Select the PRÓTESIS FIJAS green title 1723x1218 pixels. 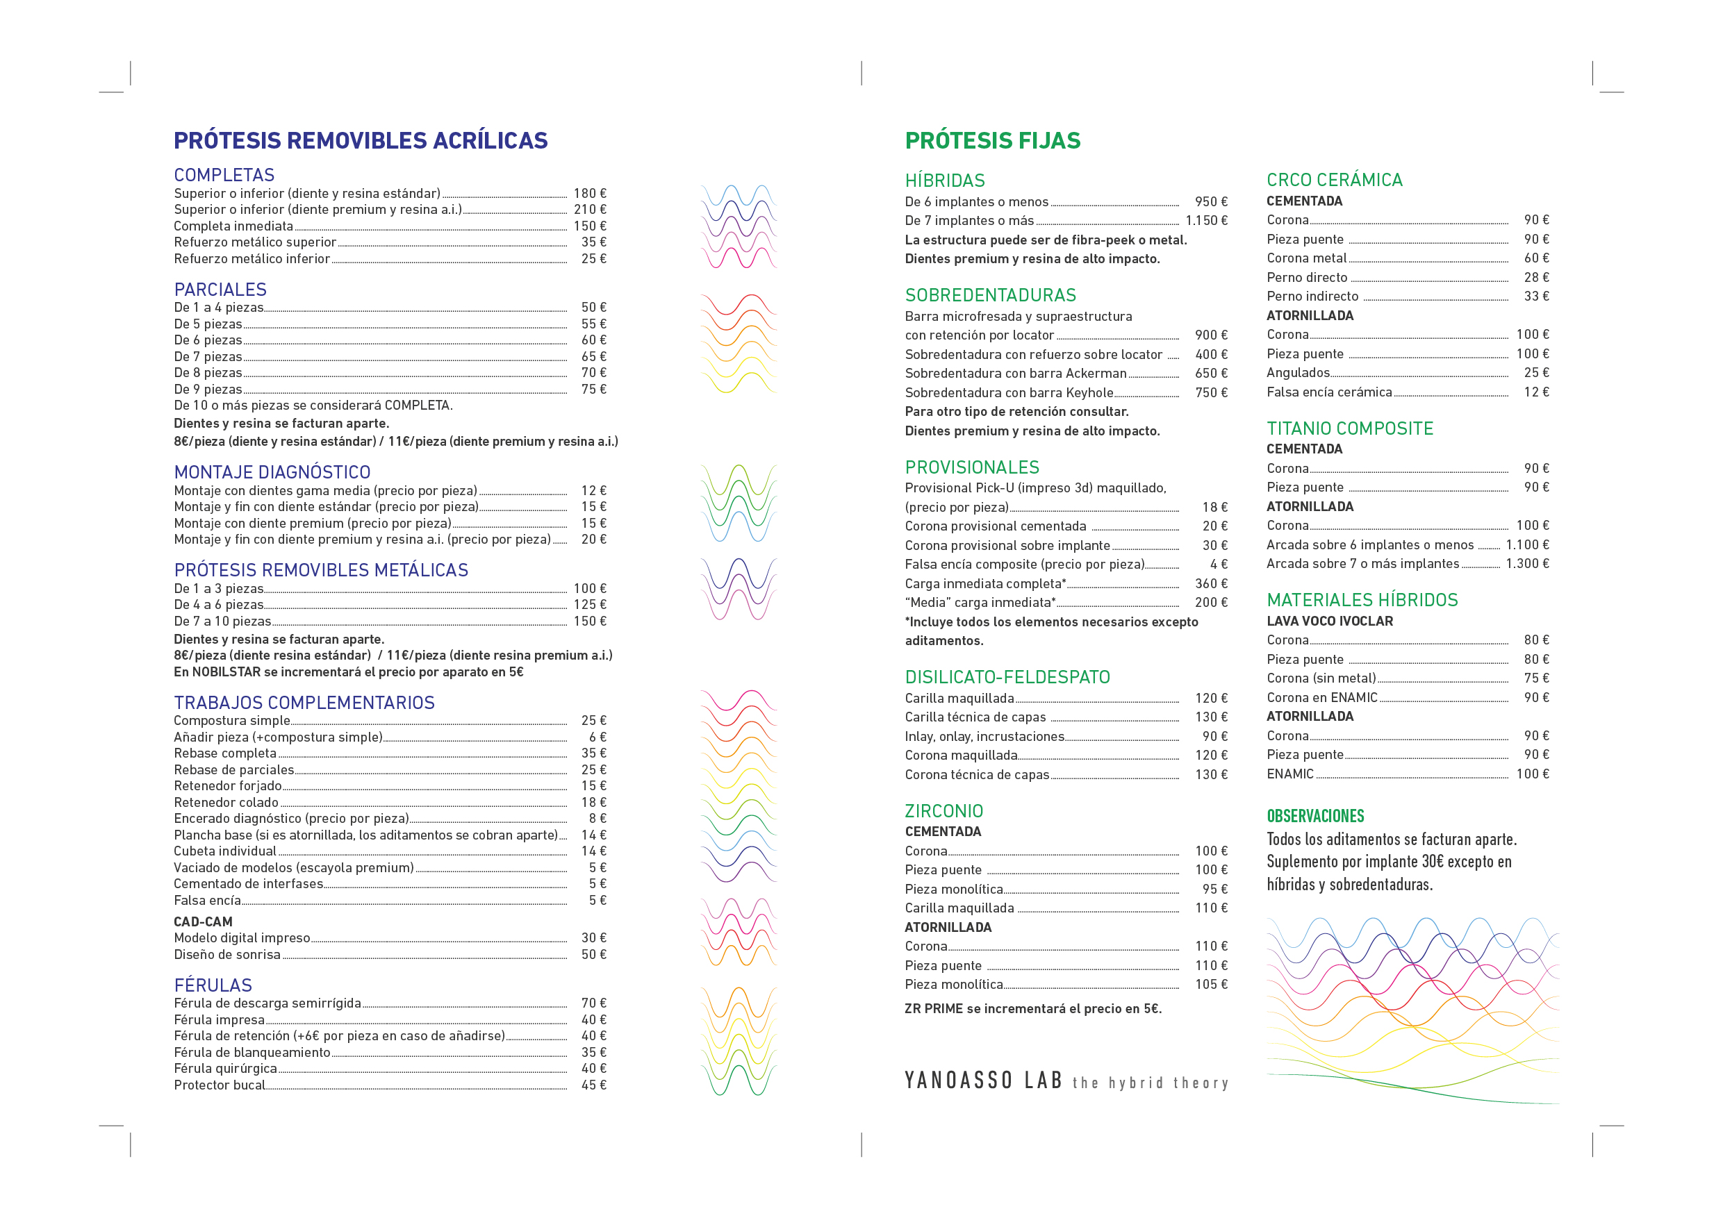[x=992, y=140]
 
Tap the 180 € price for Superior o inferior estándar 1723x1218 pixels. [x=589, y=194]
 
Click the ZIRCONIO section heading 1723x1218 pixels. [x=943, y=811]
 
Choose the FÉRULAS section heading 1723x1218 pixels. [x=213, y=985]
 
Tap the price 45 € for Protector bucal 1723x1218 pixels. [x=593, y=1085]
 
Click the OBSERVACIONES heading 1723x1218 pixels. [x=1314, y=816]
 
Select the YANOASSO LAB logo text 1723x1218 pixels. [x=983, y=1080]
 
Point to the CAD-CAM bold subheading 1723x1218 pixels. [x=204, y=921]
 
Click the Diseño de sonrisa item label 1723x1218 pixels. [x=227, y=954]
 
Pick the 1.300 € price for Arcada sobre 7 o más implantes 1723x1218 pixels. [x=1526, y=563]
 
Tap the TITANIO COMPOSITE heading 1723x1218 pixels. [x=1349, y=428]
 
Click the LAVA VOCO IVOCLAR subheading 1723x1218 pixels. [x=1329, y=621]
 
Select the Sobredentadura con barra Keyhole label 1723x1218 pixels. [x=1009, y=392]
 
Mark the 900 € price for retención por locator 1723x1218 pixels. [x=1210, y=335]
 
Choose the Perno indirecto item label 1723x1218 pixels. [x=1312, y=297]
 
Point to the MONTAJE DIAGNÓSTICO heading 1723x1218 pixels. [x=272, y=472]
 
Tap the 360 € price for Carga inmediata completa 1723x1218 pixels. [x=1210, y=583]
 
